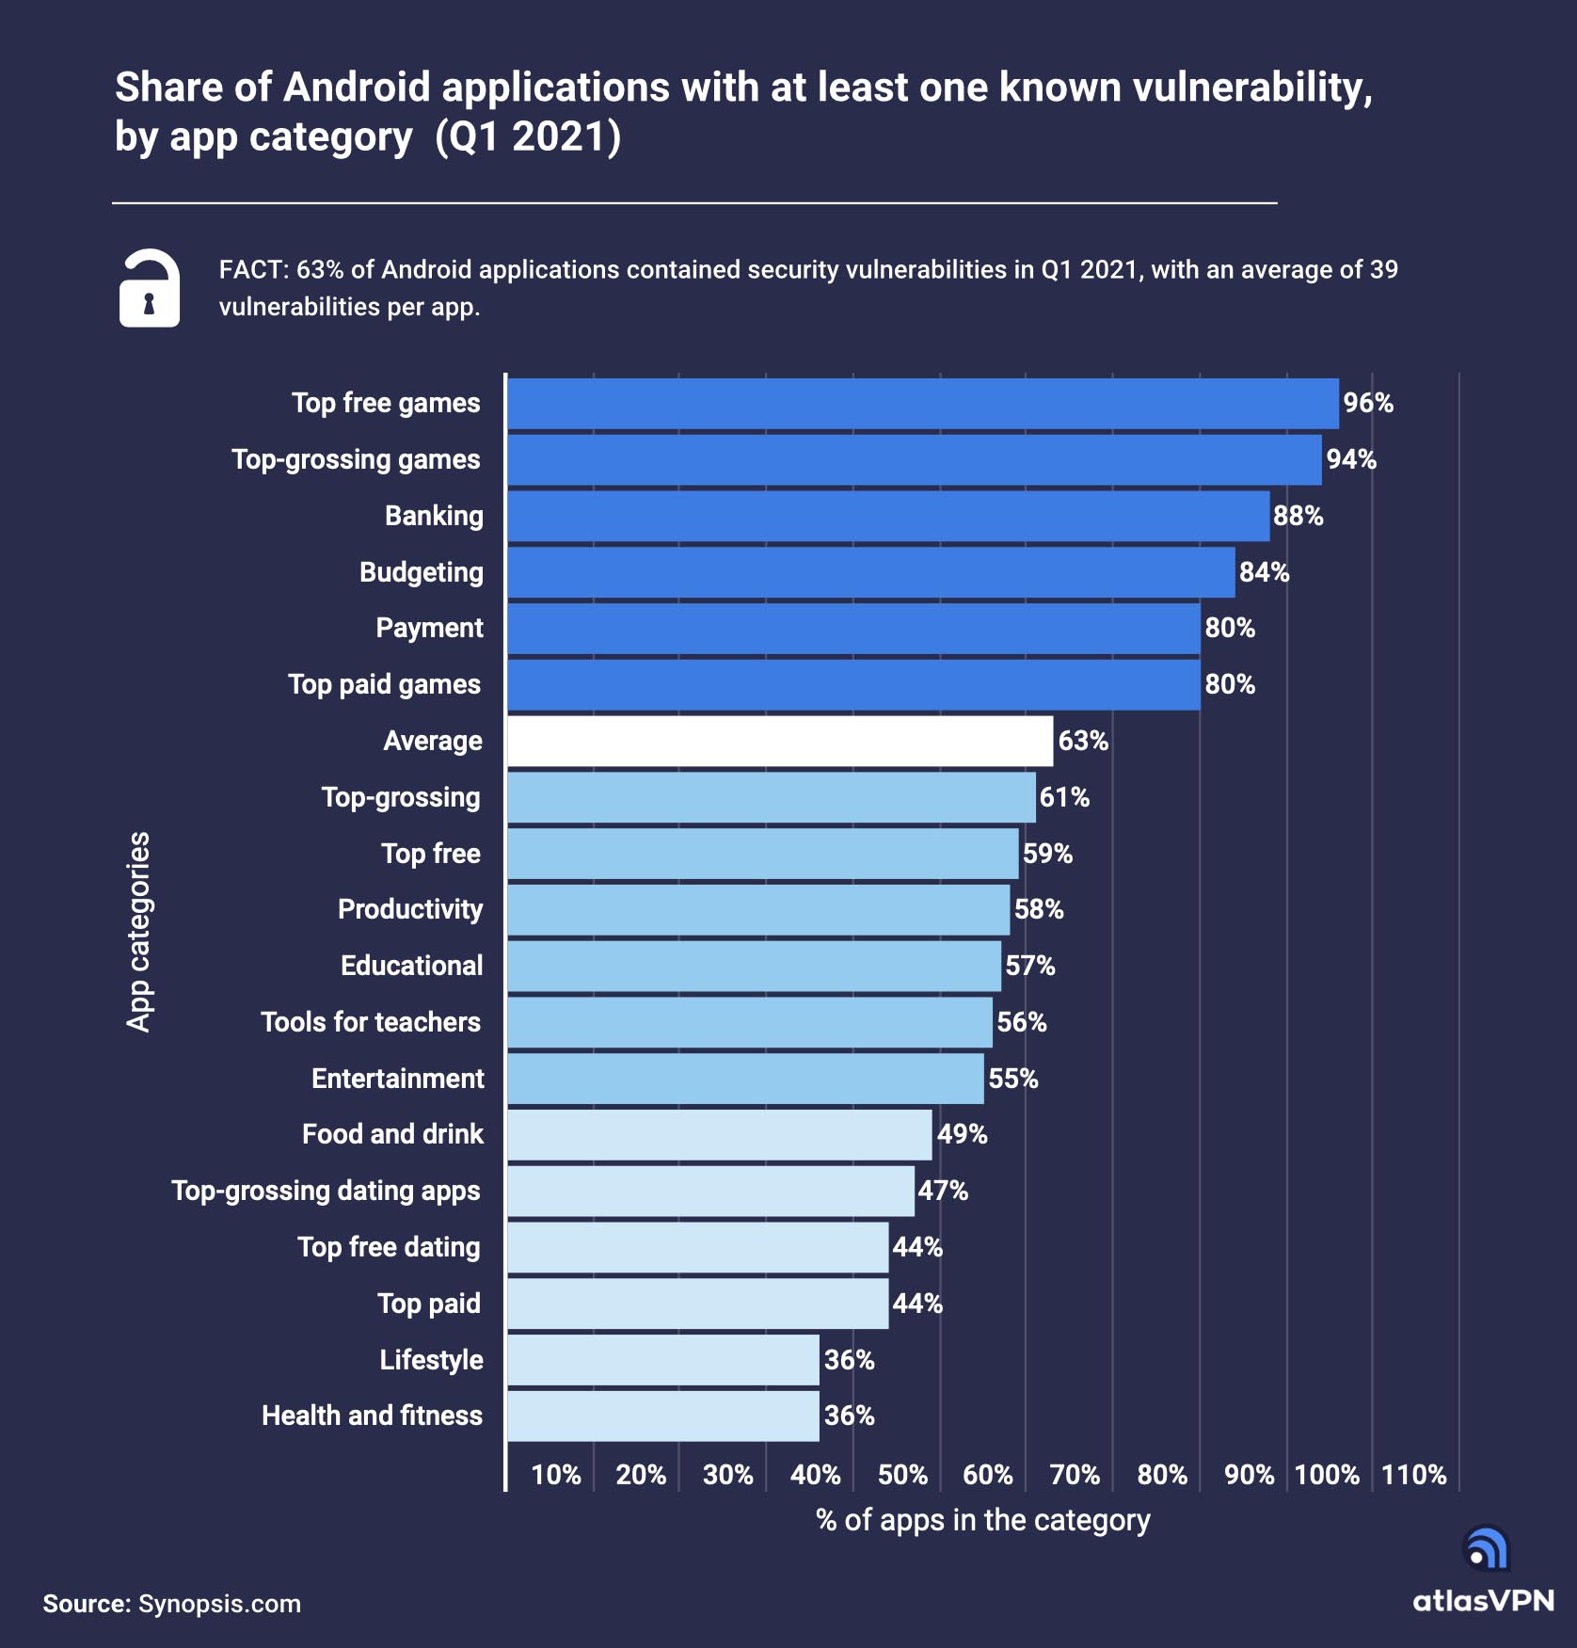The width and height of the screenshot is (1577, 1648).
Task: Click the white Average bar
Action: tap(780, 742)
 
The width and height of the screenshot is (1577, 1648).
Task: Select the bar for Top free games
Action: tap(922, 404)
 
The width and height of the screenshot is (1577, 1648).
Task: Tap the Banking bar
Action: tap(888, 516)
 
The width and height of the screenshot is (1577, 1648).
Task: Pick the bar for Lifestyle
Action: tap(663, 1360)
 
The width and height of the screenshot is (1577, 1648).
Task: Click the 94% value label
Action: tap(1351, 459)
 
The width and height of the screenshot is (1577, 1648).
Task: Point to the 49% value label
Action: tap(962, 1134)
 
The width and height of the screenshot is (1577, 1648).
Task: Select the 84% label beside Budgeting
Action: tap(1264, 572)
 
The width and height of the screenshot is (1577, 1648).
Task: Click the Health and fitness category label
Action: tap(372, 1416)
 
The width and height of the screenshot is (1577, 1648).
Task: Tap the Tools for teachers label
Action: tap(371, 1022)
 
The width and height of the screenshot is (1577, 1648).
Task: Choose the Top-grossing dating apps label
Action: tap(326, 1191)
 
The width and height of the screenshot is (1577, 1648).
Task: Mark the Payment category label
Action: tap(429, 628)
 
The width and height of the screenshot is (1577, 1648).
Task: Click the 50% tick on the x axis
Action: tap(902, 1475)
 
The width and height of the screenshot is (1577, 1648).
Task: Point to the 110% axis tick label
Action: tap(1413, 1475)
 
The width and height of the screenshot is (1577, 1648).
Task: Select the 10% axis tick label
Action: tap(555, 1475)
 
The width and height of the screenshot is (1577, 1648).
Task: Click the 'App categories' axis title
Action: tap(138, 932)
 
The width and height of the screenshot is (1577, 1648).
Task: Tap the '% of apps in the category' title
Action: tap(982, 1520)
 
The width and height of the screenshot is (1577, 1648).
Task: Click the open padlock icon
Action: tap(149, 288)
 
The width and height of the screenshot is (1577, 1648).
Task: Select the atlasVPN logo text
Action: tap(1483, 1601)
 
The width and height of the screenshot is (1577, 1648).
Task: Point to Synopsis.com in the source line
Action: tap(219, 1604)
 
